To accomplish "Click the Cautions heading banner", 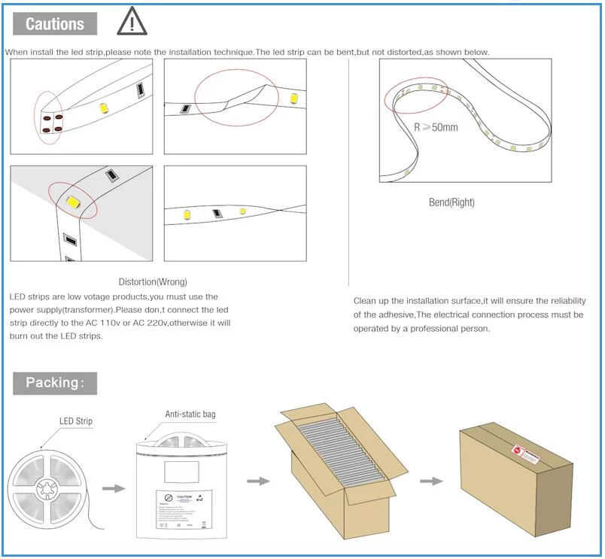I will pos(55,23).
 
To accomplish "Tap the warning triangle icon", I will pos(132,22).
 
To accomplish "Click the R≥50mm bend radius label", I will pos(436,127).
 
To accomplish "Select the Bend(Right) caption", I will pos(451,202).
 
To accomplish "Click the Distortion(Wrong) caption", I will pos(153,281).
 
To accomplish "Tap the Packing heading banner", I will pos(55,382).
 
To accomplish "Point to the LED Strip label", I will pos(76,421).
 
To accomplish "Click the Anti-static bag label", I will pos(195,415).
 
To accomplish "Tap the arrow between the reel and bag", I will pos(114,488).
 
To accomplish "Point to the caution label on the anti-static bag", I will pos(184,507).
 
